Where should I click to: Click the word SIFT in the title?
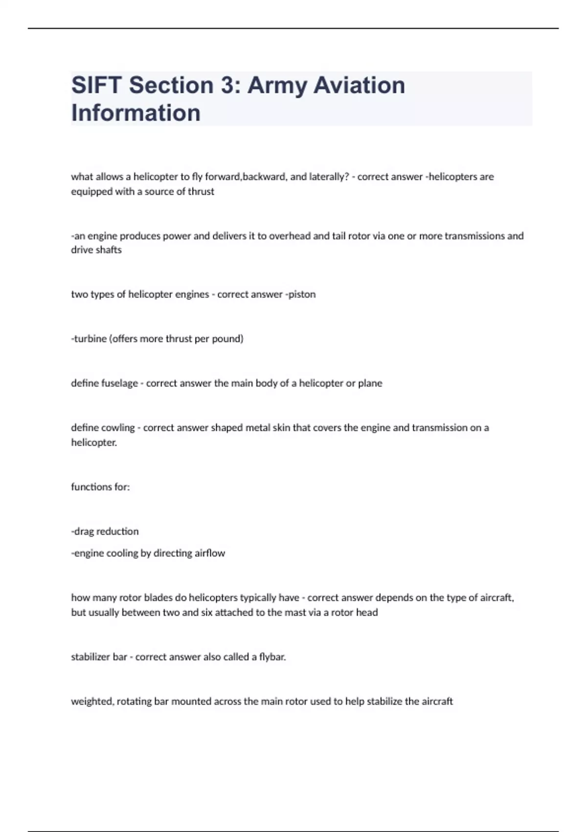96,85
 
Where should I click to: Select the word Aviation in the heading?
359,85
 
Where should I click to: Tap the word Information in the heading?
136,113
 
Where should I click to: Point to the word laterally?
329,177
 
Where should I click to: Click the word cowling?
117,428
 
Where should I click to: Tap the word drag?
84,532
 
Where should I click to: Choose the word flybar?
272,657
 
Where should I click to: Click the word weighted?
92,701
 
